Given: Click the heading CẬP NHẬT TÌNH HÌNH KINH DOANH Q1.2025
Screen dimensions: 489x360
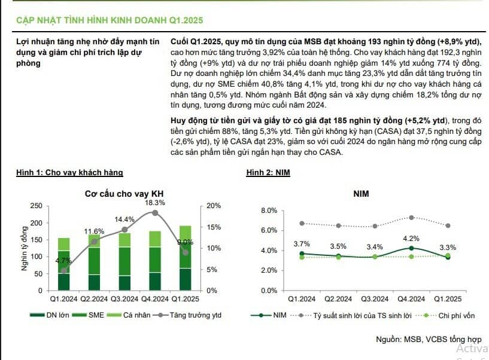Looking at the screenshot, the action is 110,20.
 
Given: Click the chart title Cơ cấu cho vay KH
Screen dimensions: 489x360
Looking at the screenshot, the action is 124,194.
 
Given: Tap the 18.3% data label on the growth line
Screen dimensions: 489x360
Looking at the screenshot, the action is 155,203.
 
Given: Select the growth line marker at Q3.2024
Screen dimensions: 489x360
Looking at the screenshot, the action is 124,230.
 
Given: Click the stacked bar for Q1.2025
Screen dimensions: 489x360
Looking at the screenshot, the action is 186,258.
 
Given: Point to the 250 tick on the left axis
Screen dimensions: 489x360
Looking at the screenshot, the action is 36,206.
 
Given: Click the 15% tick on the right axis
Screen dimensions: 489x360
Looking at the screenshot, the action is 214,227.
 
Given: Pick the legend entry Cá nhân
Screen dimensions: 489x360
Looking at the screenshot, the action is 129,315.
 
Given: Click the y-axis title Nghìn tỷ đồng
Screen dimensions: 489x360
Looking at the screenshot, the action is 25,248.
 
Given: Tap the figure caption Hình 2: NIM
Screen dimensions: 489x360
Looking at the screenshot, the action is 268,172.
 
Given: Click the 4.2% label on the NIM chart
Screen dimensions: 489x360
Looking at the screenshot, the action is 411,239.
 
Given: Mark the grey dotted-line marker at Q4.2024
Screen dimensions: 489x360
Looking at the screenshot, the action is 411,218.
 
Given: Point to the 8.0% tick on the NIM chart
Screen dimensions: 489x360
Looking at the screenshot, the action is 269,210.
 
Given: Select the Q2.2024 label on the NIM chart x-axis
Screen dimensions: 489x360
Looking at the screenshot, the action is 338,299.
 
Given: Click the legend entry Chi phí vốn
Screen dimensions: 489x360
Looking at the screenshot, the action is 445,316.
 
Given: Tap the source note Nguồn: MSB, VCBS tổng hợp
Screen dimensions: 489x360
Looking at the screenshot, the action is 429,339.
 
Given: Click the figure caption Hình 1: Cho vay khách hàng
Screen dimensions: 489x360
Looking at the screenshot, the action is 69,172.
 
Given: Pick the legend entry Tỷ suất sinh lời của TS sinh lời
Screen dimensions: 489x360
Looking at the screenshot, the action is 351,316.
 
